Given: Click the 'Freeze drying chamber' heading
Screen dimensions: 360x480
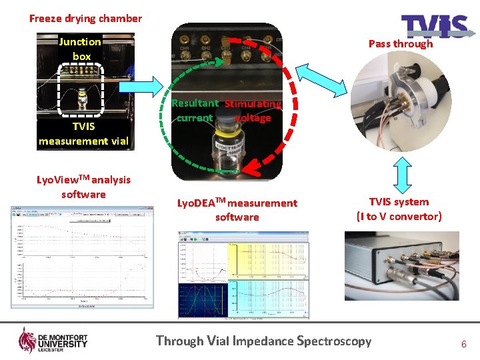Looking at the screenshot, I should pyautogui.click(x=85, y=19).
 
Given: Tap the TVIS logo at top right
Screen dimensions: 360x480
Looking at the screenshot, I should pyautogui.click(x=434, y=27).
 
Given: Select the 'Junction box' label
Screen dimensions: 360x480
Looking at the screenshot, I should pyautogui.click(x=80, y=49).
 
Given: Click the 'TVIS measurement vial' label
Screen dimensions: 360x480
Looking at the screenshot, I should pyautogui.click(x=83, y=133).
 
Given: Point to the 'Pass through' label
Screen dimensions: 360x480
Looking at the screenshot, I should pyautogui.click(x=401, y=44).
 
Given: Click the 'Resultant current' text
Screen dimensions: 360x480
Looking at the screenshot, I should pyautogui.click(x=195, y=111).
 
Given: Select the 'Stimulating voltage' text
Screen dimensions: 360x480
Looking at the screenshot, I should pyautogui.click(x=253, y=111).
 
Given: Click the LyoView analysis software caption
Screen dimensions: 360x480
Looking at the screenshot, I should pyautogui.click(x=83, y=187).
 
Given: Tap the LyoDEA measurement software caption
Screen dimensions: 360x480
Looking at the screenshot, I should pyautogui.click(x=237, y=209).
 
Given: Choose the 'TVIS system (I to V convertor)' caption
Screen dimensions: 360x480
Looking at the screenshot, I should pyautogui.click(x=399, y=209).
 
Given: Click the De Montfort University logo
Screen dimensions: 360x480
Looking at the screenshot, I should pyautogui.click(x=53, y=341).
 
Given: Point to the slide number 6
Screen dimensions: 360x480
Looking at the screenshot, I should pyautogui.click(x=463, y=344).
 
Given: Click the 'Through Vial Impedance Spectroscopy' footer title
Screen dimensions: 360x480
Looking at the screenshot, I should pyautogui.click(x=263, y=341).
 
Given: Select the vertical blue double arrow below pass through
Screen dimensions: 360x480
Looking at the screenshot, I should pyautogui.click(x=401, y=175).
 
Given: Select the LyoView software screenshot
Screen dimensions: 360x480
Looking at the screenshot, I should pyautogui.click(x=83, y=258).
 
